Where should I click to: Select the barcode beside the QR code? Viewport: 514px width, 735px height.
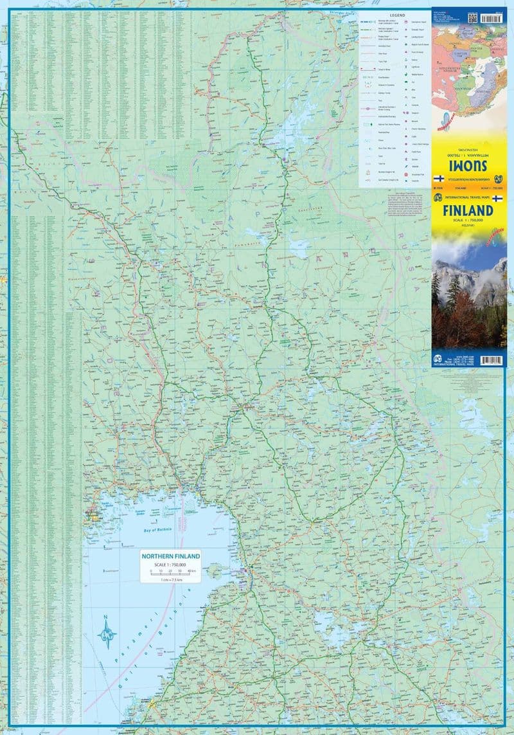[x=495, y=17]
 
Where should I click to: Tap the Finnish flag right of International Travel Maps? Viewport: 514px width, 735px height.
[x=496, y=199]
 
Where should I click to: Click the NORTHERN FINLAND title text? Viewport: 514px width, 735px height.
[x=171, y=556]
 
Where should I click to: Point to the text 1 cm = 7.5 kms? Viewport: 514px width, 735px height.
[x=171, y=579]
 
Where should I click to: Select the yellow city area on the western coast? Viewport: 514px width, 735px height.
[x=94, y=515]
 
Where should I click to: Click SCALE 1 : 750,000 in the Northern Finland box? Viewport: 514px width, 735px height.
[x=171, y=564]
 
